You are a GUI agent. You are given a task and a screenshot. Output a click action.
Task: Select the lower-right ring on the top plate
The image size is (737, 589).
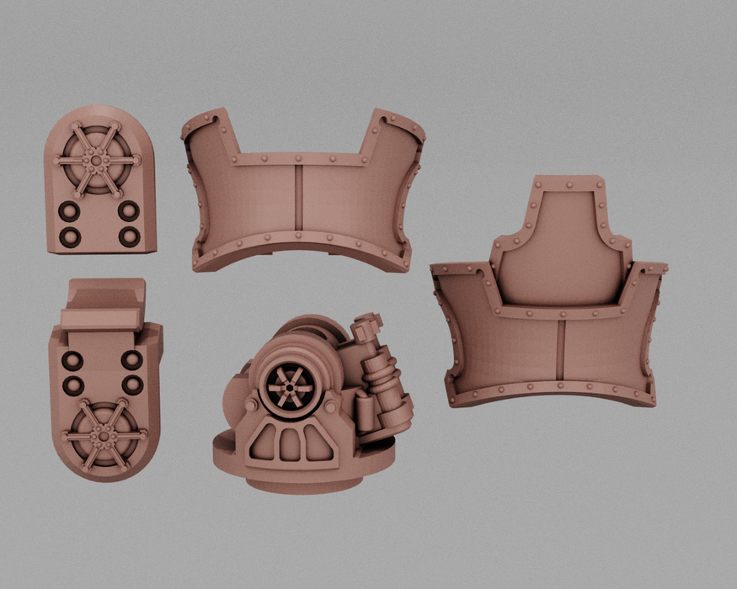tap(128, 236)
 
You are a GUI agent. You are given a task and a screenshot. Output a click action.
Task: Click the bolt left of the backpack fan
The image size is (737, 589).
tap(251, 404)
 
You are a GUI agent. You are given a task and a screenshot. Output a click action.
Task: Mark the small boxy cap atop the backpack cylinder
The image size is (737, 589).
tap(368, 324)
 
